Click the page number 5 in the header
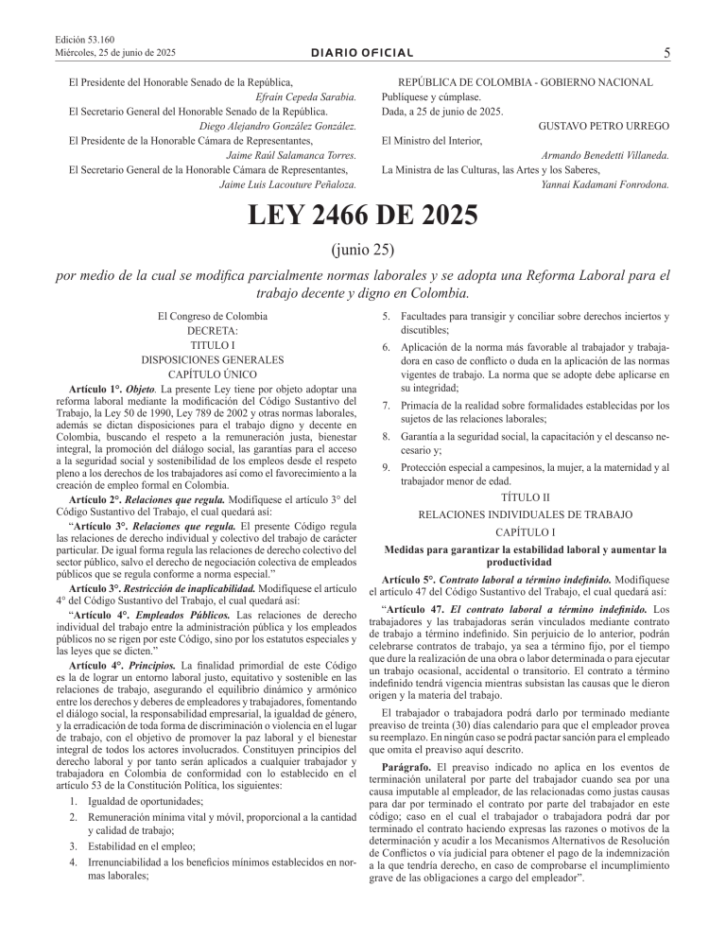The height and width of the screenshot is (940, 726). tap(667, 54)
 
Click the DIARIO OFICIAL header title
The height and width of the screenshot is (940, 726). tap(363, 56)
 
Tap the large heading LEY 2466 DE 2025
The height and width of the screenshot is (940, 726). tap(363, 217)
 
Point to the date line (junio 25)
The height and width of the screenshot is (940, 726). tap(363, 252)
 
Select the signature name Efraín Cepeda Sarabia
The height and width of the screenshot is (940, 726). tap(305, 97)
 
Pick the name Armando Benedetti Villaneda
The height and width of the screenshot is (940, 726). tap(606, 155)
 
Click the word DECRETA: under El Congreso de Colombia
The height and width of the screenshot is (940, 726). tap(212, 331)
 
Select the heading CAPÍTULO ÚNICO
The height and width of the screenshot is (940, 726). tap(212, 374)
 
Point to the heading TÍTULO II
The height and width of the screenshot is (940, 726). tap(523, 496)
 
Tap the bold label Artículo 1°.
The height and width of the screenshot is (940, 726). tap(97, 390)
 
